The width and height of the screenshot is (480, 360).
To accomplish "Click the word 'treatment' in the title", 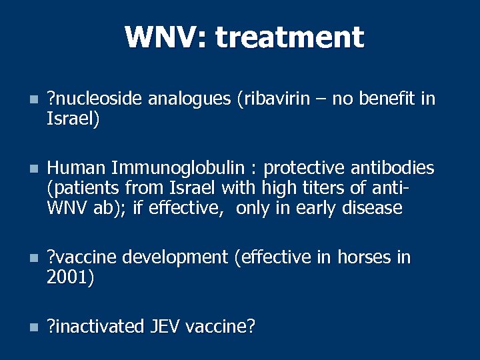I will tap(289, 37).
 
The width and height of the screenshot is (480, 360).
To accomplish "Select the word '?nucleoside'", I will tap(95, 99).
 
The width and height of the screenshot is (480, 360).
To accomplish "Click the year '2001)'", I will tap(70, 277).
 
